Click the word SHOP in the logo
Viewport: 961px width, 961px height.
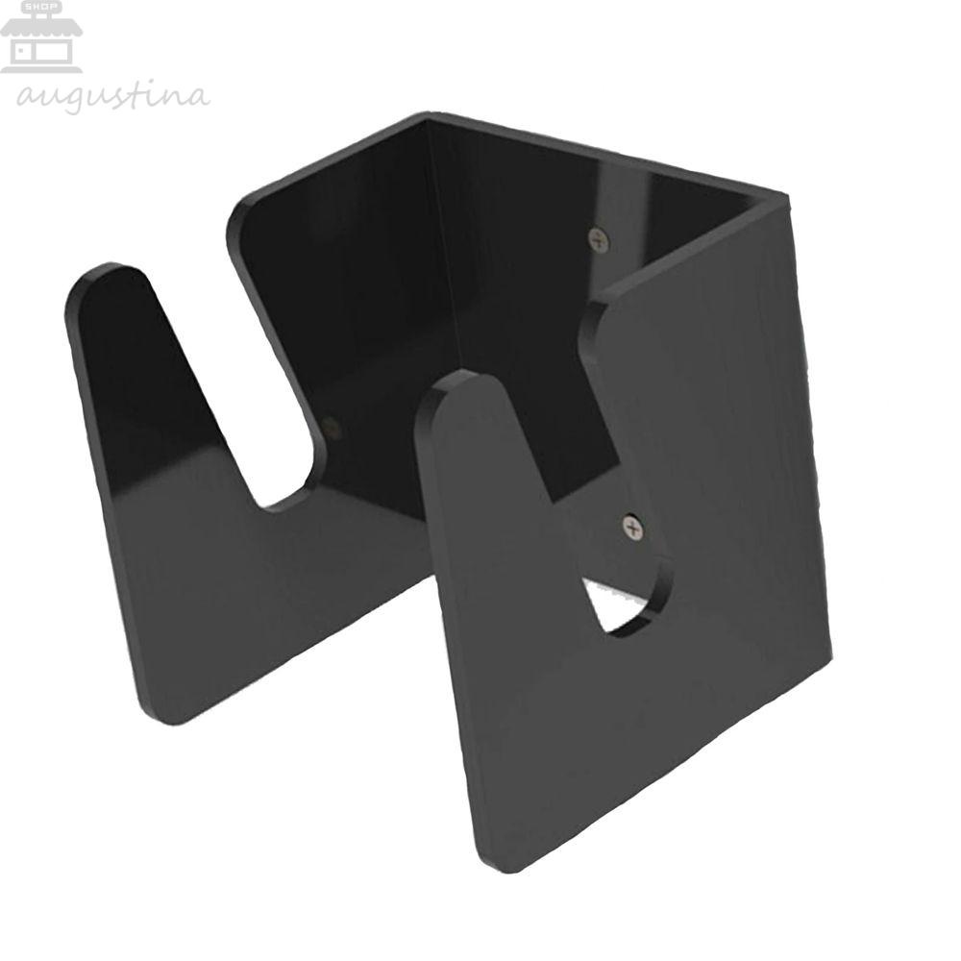42,7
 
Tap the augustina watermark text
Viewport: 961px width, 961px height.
113,97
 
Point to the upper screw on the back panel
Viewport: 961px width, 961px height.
599,239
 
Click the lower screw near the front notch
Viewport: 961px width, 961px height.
632,527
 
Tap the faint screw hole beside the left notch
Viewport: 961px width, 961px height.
331,427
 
